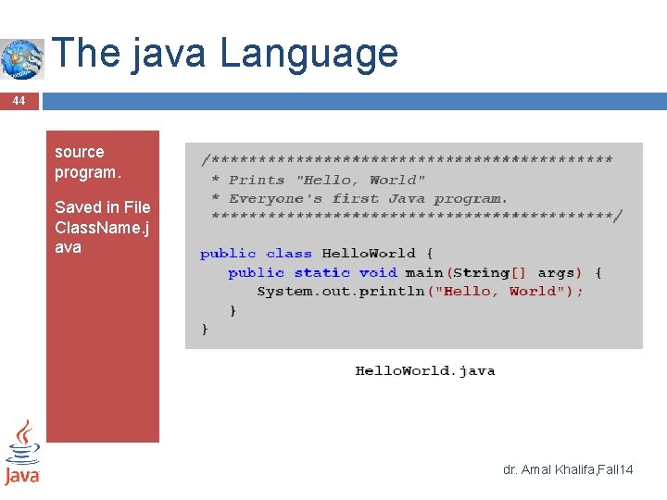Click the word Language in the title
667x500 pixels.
[308, 54]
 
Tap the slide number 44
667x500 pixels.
[19, 100]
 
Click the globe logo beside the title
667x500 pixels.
[21, 58]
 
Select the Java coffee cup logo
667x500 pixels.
[22, 452]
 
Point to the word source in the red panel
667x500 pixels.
[79, 152]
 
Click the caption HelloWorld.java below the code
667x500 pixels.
[425, 370]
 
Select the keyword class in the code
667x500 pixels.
[289, 254]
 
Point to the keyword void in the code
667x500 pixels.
[378, 272]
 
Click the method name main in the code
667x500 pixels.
[424, 272]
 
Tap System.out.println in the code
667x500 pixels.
[340, 291]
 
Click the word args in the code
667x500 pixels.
[556, 272]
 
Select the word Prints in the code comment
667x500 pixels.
[257, 180]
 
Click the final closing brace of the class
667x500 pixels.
[205, 329]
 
